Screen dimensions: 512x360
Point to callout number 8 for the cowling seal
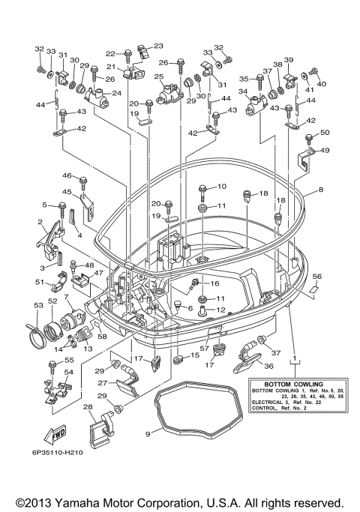click(321, 190)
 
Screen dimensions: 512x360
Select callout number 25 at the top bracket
click(158, 76)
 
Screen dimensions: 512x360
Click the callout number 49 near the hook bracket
click(325, 151)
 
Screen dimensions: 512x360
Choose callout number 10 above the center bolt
click(221, 186)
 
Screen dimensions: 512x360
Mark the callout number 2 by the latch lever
click(40, 222)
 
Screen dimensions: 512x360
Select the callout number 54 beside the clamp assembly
click(69, 372)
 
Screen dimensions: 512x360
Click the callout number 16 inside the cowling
click(214, 283)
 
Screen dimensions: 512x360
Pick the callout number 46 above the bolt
click(66, 175)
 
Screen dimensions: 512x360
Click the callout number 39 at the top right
click(288, 60)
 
